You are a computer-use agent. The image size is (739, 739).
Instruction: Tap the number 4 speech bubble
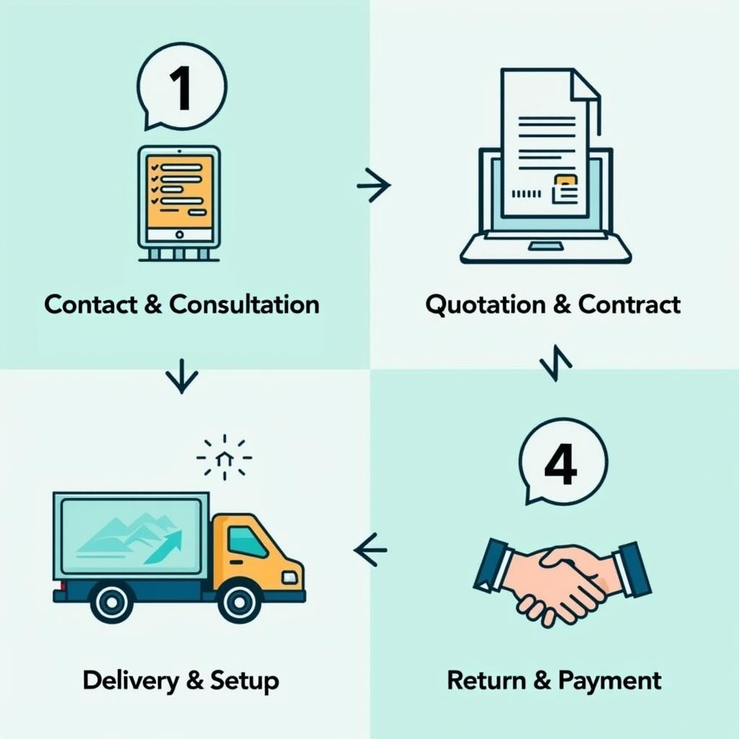(563, 462)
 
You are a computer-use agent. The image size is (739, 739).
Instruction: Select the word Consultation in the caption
(245, 304)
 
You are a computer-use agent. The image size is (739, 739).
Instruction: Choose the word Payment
(610, 680)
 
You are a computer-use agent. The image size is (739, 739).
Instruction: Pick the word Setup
(245, 680)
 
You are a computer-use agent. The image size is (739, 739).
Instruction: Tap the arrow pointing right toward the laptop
(374, 185)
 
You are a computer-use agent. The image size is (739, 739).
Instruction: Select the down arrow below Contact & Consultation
(181, 376)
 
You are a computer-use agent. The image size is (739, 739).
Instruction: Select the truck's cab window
(248, 541)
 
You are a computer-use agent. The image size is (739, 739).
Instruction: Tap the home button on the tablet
(179, 235)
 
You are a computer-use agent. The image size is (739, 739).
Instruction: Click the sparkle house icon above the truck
(224, 457)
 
